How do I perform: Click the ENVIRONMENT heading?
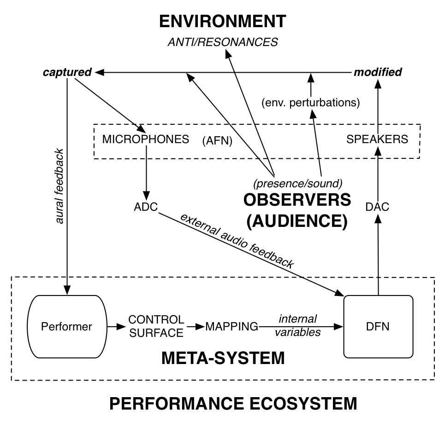coord(222,22)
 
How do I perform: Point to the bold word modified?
coord(378,72)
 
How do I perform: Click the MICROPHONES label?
coord(146,139)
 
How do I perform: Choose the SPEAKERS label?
coord(377,139)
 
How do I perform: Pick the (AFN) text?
coord(217,142)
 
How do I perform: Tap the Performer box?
coord(67,327)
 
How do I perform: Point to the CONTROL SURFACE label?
coord(156,326)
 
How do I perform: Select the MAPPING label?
coord(231,327)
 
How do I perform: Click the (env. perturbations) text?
coord(310,102)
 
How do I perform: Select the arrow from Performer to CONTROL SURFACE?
coord(116,327)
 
